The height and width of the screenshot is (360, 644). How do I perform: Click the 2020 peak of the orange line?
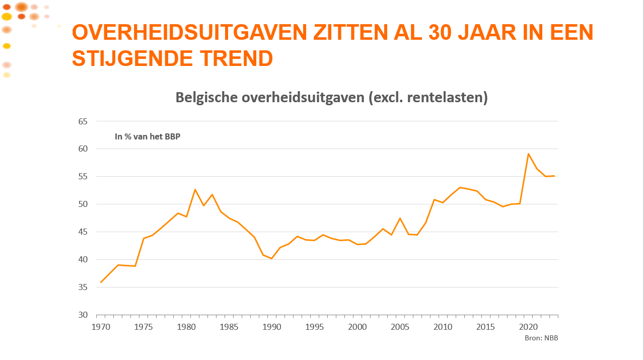point(528,154)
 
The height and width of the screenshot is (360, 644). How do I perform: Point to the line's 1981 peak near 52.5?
point(195,189)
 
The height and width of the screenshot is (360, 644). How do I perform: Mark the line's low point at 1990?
point(272,258)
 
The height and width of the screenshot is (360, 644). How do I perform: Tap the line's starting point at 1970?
point(101,282)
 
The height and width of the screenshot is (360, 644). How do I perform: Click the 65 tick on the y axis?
point(83,121)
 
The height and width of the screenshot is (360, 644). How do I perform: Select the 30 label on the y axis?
point(83,315)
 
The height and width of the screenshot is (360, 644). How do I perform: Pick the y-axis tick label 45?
point(83,232)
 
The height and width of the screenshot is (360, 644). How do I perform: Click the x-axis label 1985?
point(229,327)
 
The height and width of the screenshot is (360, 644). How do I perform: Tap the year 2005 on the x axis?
point(400,327)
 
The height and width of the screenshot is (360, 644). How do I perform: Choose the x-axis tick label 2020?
point(528,327)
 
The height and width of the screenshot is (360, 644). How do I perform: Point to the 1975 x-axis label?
point(144,327)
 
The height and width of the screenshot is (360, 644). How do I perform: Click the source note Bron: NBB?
point(541,338)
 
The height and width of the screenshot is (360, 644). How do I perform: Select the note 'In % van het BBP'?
point(148,136)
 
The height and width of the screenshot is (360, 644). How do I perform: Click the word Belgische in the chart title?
point(206,98)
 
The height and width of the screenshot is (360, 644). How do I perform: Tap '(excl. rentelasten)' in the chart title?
point(428,98)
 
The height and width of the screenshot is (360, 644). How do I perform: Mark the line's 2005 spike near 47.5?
point(400,218)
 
